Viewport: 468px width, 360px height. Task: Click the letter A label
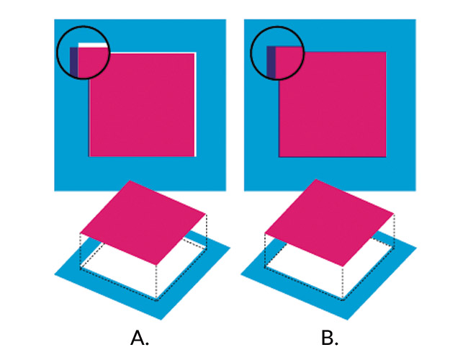(x=140, y=338)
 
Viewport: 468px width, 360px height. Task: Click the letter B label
(x=330, y=338)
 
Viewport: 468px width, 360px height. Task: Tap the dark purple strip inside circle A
(x=73, y=62)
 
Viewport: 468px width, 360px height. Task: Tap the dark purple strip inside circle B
(x=271, y=62)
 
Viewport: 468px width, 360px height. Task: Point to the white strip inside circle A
(x=93, y=45)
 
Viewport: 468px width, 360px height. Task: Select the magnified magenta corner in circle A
(x=93, y=62)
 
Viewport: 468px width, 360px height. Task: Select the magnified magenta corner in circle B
(x=289, y=61)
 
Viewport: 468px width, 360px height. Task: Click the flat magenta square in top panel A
(x=142, y=104)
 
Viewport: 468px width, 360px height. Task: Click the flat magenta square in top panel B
(x=333, y=104)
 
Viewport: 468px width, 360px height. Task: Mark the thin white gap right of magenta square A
(x=195, y=104)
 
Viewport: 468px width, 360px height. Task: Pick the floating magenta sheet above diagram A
(x=143, y=222)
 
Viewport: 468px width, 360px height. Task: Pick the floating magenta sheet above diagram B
(x=329, y=222)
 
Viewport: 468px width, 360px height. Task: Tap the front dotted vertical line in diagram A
(x=156, y=282)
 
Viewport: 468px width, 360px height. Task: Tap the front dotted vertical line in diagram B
(x=343, y=283)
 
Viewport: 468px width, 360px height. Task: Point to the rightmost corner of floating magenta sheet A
(x=206, y=214)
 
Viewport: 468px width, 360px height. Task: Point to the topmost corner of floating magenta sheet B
(x=316, y=179)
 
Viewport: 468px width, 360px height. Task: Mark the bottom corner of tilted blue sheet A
(x=161, y=320)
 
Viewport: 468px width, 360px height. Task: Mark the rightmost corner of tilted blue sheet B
(x=416, y=248)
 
